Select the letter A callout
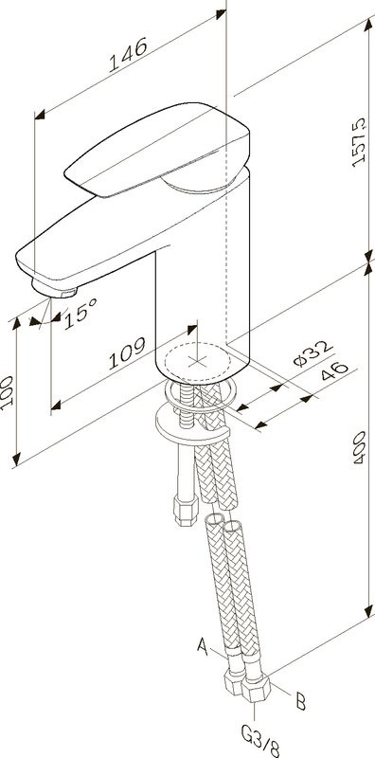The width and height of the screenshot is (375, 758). [201, 647]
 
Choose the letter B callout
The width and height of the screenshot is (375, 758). [299, 702]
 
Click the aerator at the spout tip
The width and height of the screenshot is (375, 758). [52, 287]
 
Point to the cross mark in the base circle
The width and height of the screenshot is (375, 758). [198, 361]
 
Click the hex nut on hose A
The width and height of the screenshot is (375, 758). [233, 685]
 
